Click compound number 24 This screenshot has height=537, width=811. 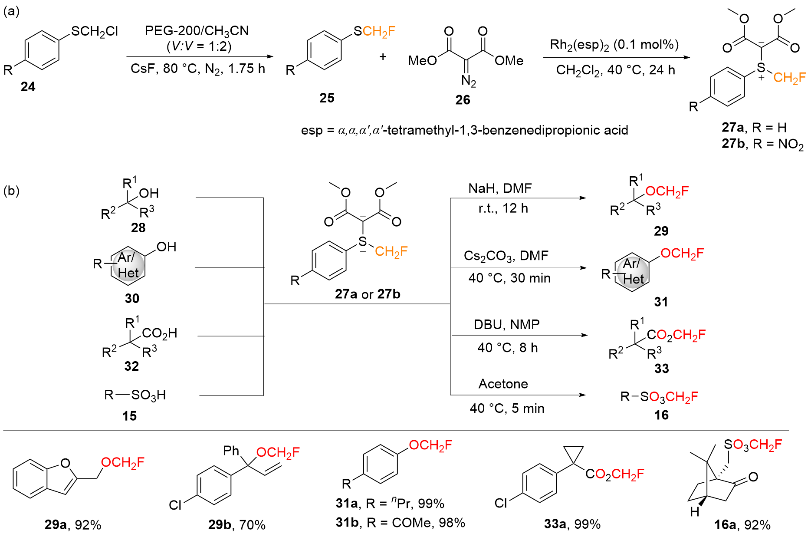pos(28,86)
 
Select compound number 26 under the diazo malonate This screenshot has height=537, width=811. pos(463,100)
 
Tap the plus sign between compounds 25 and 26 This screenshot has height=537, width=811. pos(383,56)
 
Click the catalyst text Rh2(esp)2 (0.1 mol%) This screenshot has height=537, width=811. pos(614,45)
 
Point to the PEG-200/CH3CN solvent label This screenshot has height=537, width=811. pos(197,31)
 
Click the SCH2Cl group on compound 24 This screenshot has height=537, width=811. pos(95,31)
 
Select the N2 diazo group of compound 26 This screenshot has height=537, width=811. pos(469,81)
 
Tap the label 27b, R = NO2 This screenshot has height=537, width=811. pos(762,144)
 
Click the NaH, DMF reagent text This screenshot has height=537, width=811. pos(500,188)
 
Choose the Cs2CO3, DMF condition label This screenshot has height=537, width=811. pos(506,256)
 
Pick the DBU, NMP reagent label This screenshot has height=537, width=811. pos(506,324)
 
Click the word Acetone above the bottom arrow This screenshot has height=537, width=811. pos(503,384)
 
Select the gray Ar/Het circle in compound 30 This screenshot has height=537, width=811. pos(128,265)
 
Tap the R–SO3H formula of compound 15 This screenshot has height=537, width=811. pos(135,395)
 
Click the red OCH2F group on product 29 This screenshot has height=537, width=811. pos(667,191)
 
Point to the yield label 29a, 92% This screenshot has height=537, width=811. pos(72,525)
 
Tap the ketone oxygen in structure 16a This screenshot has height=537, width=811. pos(753,477)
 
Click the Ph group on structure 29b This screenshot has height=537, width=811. pos(231,451)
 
